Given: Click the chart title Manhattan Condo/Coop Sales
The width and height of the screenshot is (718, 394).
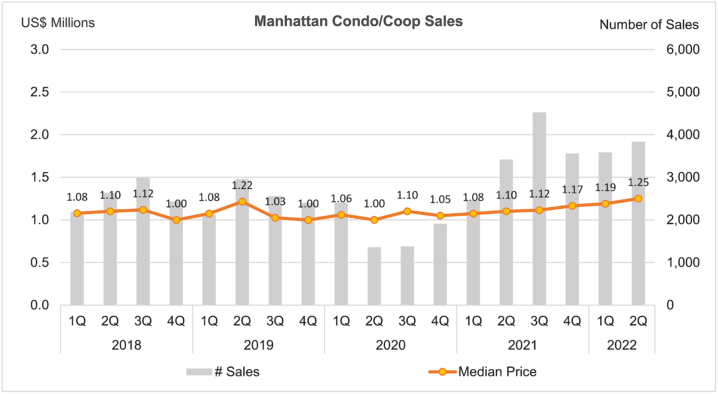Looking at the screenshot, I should click(x=358, y=21).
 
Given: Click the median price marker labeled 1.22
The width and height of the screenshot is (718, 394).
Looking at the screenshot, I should click(x=242, y=202).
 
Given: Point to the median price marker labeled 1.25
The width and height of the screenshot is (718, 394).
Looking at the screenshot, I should click(x=638, y=199).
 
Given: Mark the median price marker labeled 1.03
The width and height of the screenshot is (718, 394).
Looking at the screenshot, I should click(x=275, y=218).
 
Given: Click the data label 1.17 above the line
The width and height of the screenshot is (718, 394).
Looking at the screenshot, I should click(x=572, y=189).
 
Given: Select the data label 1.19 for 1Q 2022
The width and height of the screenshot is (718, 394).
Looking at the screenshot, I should click(x=606, y=187).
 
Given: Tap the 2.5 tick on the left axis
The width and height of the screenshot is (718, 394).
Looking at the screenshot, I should click(x=39, y=92).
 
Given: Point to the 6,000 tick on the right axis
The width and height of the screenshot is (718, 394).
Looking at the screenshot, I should click(x=683, y=49).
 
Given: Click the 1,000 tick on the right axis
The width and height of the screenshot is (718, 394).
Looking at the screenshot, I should click(x=683, y=262).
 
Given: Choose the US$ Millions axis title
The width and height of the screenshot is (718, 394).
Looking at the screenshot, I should click(x=58, y=23).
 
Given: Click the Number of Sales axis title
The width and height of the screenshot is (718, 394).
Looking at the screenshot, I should click(x=649, y=25).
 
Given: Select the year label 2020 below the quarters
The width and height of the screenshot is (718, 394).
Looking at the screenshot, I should click(x=391, y=345).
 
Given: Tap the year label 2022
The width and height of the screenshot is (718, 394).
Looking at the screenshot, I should click(x=622, y=345).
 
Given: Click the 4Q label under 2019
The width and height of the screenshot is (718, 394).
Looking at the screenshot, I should click(x=308, y=321).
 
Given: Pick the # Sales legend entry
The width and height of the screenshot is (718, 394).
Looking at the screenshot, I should click(x=223, y=372).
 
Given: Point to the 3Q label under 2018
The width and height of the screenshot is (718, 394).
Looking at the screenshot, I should click(x=143, y=321).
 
